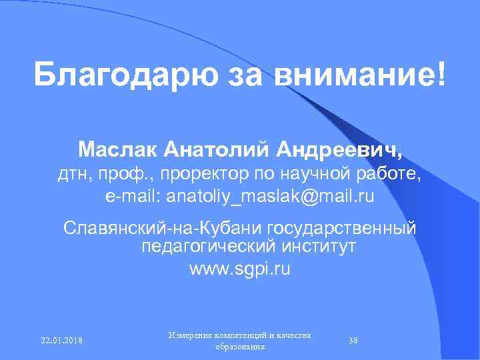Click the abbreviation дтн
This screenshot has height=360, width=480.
point(71,175)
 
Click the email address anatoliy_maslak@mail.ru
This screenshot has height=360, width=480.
point(270,197)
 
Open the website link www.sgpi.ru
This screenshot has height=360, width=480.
point(240,270)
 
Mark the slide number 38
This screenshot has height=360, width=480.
point(353,341)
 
